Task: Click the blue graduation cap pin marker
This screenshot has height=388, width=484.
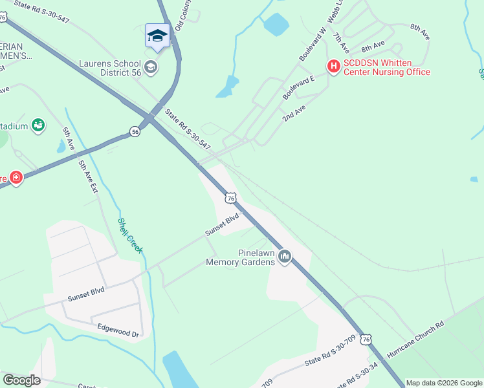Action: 157,36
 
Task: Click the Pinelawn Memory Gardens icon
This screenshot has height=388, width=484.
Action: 284,258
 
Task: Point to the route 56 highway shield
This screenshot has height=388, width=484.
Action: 135,131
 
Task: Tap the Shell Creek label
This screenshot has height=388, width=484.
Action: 129,235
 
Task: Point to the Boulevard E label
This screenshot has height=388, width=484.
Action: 298,87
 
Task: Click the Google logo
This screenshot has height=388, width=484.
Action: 21,380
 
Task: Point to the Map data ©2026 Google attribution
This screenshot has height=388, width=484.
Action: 444,383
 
